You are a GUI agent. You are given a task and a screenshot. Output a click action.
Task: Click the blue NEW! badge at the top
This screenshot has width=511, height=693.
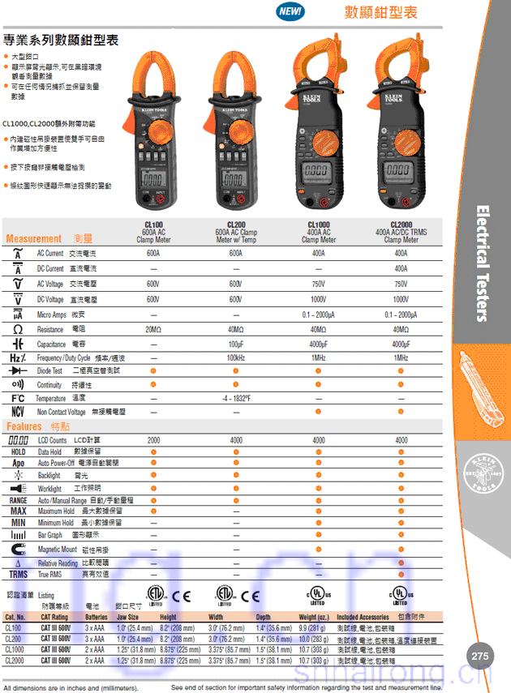(290, 11)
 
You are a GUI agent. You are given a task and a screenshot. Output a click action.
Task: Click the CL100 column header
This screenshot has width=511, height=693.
(153, 225)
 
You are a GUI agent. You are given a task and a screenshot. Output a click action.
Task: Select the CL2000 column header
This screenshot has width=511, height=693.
(401, 225)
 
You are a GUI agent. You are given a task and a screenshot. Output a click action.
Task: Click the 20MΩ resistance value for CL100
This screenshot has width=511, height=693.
(153, 330)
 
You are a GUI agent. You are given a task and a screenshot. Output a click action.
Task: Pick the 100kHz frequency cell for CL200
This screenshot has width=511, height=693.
(236, 357)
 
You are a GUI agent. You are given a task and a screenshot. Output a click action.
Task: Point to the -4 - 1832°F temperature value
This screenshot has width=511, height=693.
(236, 398)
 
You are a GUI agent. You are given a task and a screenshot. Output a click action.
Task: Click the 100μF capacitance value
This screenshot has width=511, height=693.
(236, 344)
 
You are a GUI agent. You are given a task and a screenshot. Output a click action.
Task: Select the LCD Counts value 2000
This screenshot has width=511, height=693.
(153, 439)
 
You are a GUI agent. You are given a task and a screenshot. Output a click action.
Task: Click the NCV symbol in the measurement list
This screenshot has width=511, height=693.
(18, 412)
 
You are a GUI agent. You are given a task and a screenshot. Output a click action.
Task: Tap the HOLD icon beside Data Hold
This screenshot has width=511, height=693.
(18, 451)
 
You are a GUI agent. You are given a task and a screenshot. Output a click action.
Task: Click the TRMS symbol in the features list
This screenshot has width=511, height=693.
(18, 574)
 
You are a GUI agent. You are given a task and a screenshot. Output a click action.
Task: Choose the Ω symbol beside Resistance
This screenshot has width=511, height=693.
(18, 330)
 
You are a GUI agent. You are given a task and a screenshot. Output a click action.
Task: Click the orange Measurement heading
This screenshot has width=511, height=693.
(33, 239)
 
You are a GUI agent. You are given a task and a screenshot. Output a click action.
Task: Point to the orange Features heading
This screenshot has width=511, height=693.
(24, 426)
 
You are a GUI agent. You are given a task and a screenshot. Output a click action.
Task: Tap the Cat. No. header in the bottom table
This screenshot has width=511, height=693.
(15, 618)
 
